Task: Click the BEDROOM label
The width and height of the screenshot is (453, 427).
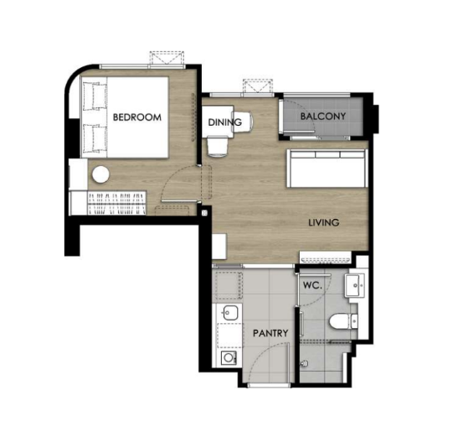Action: point(137,117)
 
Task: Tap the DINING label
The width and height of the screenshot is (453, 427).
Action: point(224,122)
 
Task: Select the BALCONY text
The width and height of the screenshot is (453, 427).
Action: point(323,116)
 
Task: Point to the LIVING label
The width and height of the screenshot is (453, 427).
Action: point(324,222)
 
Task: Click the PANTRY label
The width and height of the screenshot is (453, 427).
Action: point(270,333)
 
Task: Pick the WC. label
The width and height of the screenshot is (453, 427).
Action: point(312,285)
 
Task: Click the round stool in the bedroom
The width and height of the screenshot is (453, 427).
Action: point(100,174)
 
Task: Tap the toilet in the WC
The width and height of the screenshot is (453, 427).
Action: point(343,321)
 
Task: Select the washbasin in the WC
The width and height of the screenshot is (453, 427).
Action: point(354,285)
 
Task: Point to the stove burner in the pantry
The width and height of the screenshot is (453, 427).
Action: point(229,358)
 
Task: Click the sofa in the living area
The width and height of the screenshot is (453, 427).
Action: point(327,169)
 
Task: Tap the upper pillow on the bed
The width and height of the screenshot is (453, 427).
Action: point(95,96)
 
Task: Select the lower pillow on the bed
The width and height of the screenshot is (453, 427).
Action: point(95,138)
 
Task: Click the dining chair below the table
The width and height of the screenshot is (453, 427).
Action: point(218,146)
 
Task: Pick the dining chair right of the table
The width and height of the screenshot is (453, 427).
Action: point(243,122)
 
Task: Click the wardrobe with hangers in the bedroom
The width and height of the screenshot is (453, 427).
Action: point(116,203)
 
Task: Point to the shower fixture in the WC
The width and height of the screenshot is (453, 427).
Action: point(304,362)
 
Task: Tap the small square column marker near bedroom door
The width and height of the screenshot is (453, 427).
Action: point(204,213)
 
